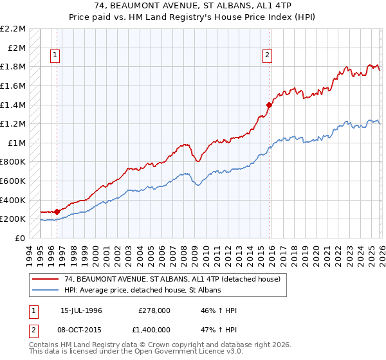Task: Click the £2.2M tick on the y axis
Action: click(x=13, y=29)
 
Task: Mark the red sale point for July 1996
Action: click(x=57, y=211)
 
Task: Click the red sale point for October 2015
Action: click(x=269, y=104)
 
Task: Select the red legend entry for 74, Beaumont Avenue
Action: click(x=172, y=280)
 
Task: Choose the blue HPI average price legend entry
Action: click(x=142, y=291)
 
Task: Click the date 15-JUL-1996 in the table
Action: click(x=81, y=310)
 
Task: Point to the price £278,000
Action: click(x=154, y=310)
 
